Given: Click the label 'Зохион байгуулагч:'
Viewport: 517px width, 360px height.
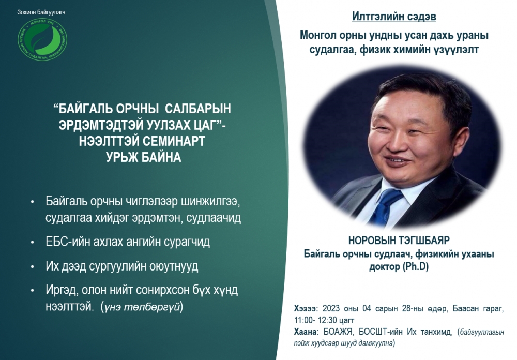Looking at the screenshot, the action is (x=42, y=12).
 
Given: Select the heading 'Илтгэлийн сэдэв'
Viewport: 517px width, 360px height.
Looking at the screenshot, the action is (x=394, y=16).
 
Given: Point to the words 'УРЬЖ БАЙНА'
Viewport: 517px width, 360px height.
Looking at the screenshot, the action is (x=144, y=157).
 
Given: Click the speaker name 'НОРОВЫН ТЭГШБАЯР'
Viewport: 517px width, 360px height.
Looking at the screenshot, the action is (x=399, y=240).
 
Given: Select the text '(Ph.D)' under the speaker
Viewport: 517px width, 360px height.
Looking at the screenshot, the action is (x=416, y=266).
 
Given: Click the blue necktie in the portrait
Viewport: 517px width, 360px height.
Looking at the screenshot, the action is (x=385, y=206).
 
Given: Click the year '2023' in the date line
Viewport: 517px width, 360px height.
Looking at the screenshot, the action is (x=331, y=308).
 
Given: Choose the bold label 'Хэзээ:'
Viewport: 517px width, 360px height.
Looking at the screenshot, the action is (x=306, y=308).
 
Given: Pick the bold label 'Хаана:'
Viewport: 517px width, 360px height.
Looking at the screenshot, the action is (x=306, y=332).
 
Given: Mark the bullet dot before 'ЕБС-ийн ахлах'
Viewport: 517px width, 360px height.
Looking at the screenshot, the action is (x=32, y=243).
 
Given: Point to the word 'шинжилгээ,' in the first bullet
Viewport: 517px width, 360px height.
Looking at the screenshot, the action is (x=210, y=201).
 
